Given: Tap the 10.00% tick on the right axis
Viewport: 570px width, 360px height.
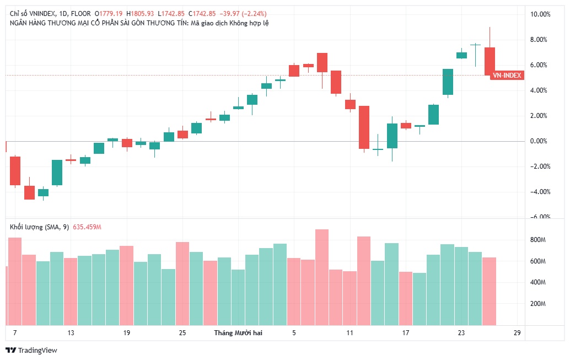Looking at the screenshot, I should (x=541, y=14).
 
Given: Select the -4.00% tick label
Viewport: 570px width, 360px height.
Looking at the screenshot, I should (x=540, y=192).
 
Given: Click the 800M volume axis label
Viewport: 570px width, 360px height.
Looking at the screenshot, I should (x=537, y=240).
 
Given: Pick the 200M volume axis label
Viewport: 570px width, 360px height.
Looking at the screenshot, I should (x=537, y=304).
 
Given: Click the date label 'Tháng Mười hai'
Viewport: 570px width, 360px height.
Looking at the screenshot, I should (x=238, y=333).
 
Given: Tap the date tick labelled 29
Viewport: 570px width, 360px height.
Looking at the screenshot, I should (x=517, y=333).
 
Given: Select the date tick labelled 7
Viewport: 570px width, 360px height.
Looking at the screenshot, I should (x=15, y=333).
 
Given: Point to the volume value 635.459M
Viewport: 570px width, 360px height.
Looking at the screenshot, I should (x=87, y=227).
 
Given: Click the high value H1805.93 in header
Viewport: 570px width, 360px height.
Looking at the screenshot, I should (x=140, y=13).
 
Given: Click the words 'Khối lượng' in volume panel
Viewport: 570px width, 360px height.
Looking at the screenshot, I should (x=25, y=227).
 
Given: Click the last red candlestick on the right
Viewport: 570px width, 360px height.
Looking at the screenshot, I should (x=490, y=61).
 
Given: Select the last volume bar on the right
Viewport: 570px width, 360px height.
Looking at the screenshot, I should (x=490, y=291).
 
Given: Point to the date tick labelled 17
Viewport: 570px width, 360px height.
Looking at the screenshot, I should (x=406, y=333).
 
